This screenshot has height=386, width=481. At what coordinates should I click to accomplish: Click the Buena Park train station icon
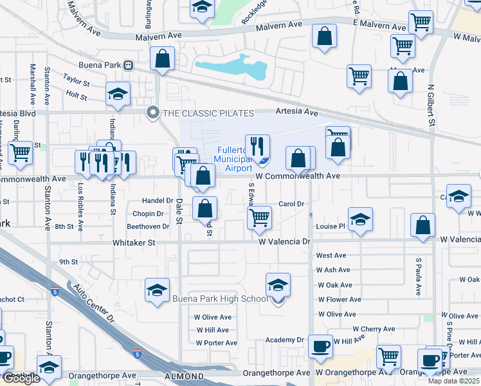pos(129,64)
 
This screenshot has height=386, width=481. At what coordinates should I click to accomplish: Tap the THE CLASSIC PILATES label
pos(201,113)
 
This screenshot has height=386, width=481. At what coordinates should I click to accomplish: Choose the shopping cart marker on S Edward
pos(259,217)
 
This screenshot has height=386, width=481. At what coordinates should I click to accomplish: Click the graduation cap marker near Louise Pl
pos(360,219)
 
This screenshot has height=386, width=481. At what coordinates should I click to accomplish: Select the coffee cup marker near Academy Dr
pos(320,346)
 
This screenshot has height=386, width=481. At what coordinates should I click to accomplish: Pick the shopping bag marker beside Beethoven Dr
pos(204,208)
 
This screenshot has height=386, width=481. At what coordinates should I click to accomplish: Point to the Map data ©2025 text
pos(454,381)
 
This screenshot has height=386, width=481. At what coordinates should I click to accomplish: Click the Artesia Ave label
pos(296,112)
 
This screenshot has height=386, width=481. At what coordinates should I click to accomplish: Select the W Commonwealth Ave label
pos(297,176)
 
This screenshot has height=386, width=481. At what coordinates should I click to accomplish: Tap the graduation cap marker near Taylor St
pos(118,93)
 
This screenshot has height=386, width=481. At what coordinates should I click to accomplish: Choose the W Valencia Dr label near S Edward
pos(285,243)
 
